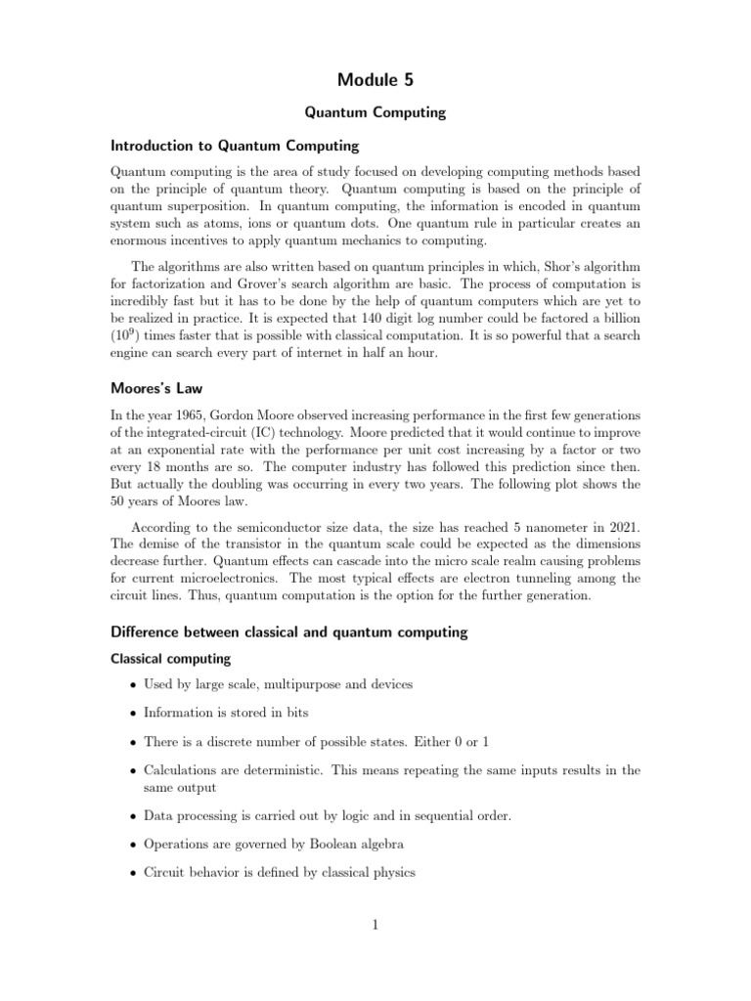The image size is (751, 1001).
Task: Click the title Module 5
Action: coord(375,79)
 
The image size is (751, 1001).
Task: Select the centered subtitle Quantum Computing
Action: coord(375,112)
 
